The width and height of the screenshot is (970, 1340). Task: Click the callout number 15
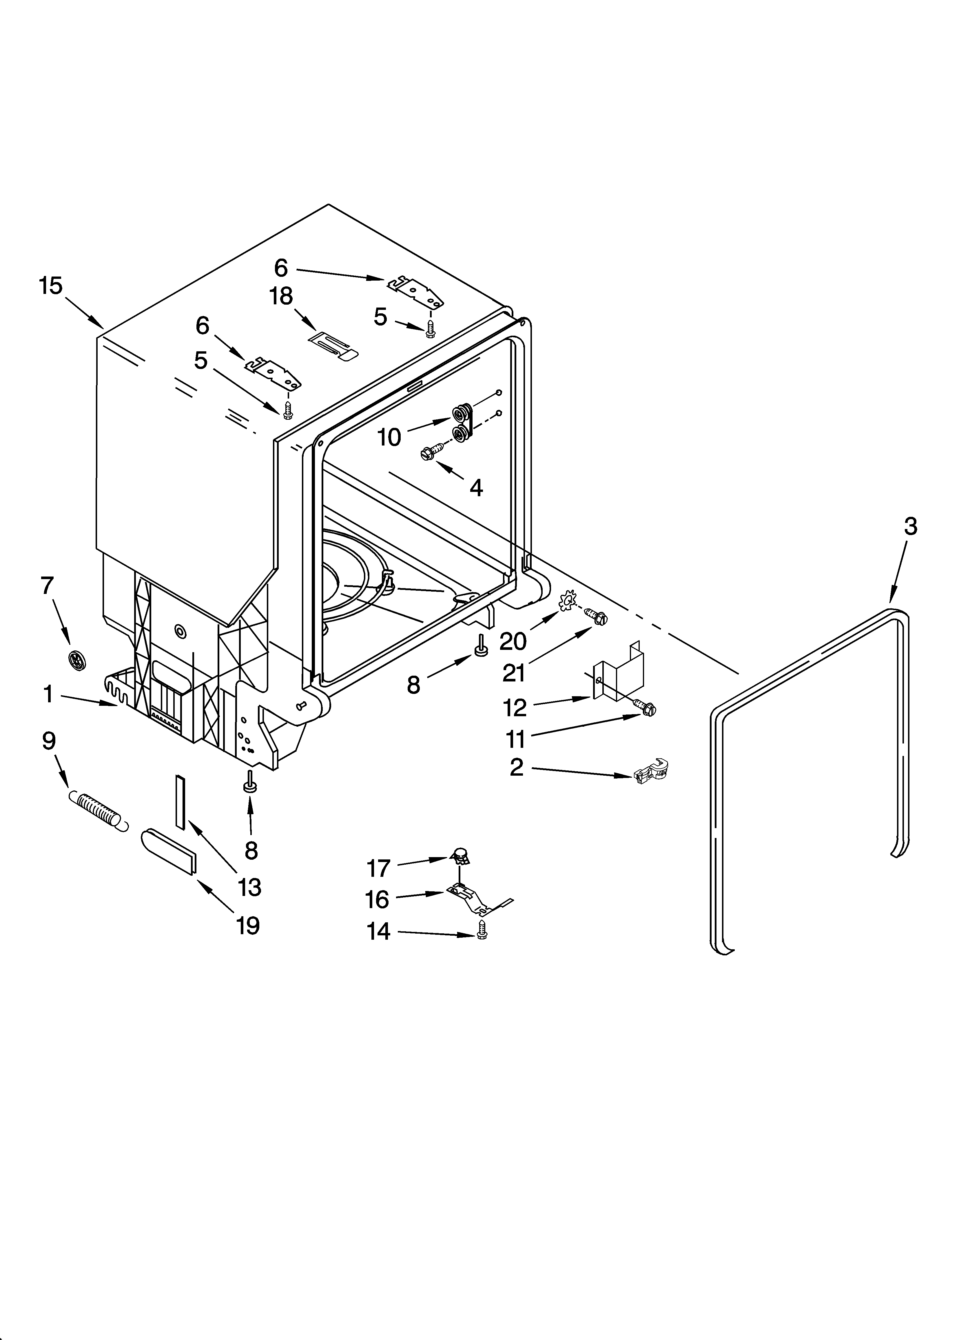(x=51, y=286)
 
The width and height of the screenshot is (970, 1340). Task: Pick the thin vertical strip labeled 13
(x=180, y=803)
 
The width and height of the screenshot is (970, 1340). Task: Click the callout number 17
(x=379, y=868)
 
